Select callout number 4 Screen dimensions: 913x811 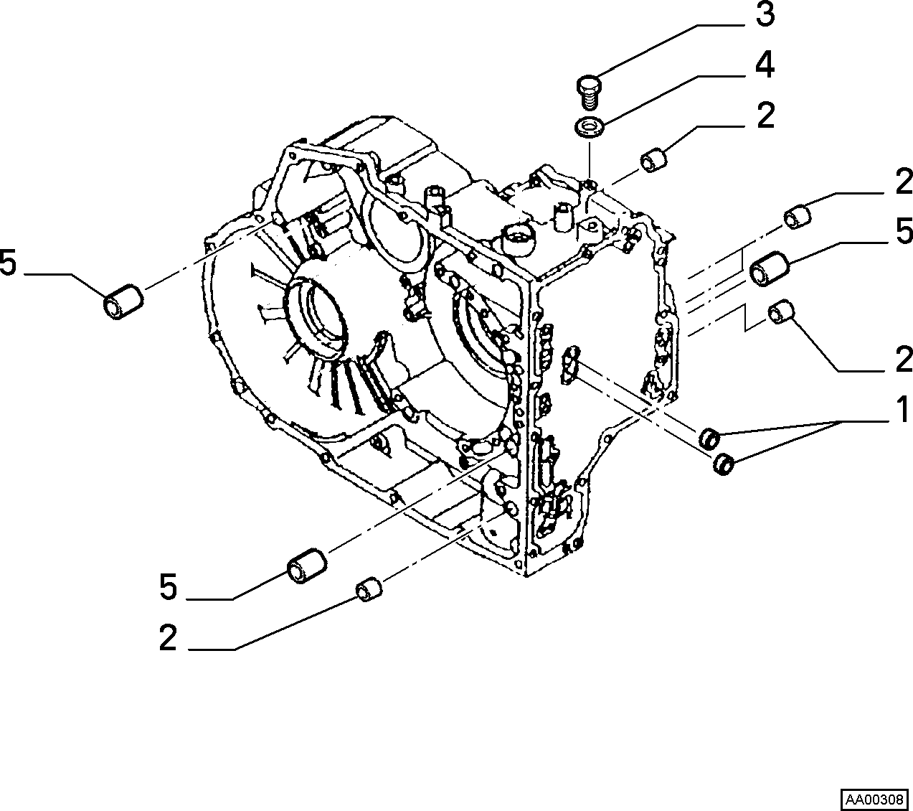coord(765,65)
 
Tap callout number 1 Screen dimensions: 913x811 coord(903,410)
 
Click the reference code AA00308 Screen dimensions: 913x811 coord(874,800)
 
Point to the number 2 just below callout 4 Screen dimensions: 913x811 coord(766,116)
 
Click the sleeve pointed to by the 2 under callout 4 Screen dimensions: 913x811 coord(653,161)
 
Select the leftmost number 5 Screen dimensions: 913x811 coord(8,262)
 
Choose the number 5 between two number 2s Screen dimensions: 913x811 coord(904,231)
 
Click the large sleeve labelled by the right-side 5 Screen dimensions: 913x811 coord(770,269)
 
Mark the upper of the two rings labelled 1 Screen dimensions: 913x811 coord(709,438)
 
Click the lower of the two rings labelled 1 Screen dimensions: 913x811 coord(723,464)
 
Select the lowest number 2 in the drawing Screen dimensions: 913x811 coord(168,638)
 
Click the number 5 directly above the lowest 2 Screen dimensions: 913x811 coord(169,587)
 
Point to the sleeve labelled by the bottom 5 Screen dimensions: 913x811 coord(307,566)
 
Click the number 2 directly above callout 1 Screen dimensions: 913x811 coord(904,360)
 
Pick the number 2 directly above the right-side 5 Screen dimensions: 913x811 coord(904,181)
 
